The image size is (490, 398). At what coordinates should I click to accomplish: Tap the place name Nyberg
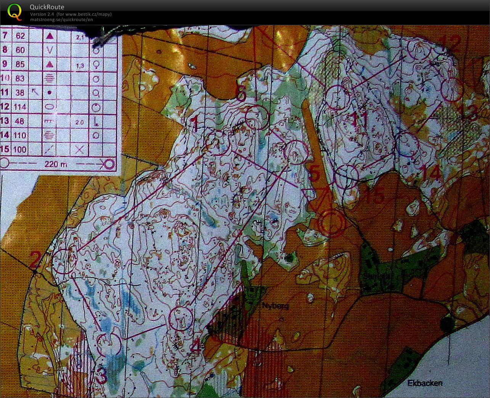pos(275,306)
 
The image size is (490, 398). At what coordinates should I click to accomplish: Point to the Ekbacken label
pos(425,383)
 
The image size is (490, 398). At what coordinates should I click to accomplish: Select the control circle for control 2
pos(64,261)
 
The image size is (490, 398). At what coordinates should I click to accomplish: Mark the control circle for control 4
pos(180,318)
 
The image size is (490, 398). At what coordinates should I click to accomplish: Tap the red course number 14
pos(431,174)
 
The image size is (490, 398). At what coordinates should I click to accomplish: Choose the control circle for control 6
pos(257,118)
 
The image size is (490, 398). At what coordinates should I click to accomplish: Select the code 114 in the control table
pos(20,107)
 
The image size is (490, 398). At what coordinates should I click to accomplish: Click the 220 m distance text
pos(56,164)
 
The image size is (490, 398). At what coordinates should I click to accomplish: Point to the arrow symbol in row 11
pos(35,92)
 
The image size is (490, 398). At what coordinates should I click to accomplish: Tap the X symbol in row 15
pos(79,149)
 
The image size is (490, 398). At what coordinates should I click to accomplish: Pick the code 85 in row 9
pos(20,64)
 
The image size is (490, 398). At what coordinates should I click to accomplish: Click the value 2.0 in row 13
pos(79,122)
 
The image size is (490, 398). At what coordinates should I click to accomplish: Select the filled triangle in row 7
pos(50,36)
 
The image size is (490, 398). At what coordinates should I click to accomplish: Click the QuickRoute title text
pos(47,7)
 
